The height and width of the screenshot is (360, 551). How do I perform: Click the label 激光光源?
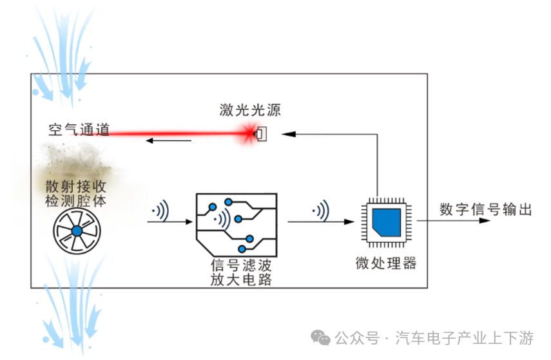click(x=250, y=110)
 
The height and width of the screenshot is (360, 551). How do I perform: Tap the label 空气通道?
click(x=79, y=129)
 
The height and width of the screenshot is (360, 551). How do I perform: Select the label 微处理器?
click(x=386, y=263)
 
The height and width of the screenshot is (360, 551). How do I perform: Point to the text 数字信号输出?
click(x=486, y=209)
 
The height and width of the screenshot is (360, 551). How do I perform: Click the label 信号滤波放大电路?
click(x=241, y=272)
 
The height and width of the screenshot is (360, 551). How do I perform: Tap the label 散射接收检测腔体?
click(x=75, y=193)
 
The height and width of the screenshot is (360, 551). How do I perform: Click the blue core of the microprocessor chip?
click(x=387, y=222)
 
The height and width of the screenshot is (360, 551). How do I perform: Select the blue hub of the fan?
click(x=77, y=231)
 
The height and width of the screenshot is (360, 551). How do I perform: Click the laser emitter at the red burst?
click(x=261, y=133)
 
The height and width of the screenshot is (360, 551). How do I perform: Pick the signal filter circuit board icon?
click(x=237, y=225)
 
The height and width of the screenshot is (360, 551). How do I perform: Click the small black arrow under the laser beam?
click(x=169, y=141)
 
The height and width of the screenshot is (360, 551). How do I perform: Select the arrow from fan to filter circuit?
click(x=170, y=222)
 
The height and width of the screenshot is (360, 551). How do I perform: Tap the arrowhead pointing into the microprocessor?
click(x=349, y=222)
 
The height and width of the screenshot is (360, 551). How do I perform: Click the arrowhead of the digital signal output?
click(x=485, y=220)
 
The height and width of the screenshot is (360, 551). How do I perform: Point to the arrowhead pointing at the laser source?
click(x=289, y=134)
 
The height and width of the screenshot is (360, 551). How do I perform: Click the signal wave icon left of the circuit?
click(x=160, y=211)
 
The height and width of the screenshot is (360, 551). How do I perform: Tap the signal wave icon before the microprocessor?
click(x=321, y=211)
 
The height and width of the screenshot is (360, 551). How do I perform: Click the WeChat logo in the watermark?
click(x=320, y=338)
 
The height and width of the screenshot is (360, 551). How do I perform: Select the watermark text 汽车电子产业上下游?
click(x=464, y=338)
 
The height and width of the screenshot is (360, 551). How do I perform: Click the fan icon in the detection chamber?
click(x=77, y=231)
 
